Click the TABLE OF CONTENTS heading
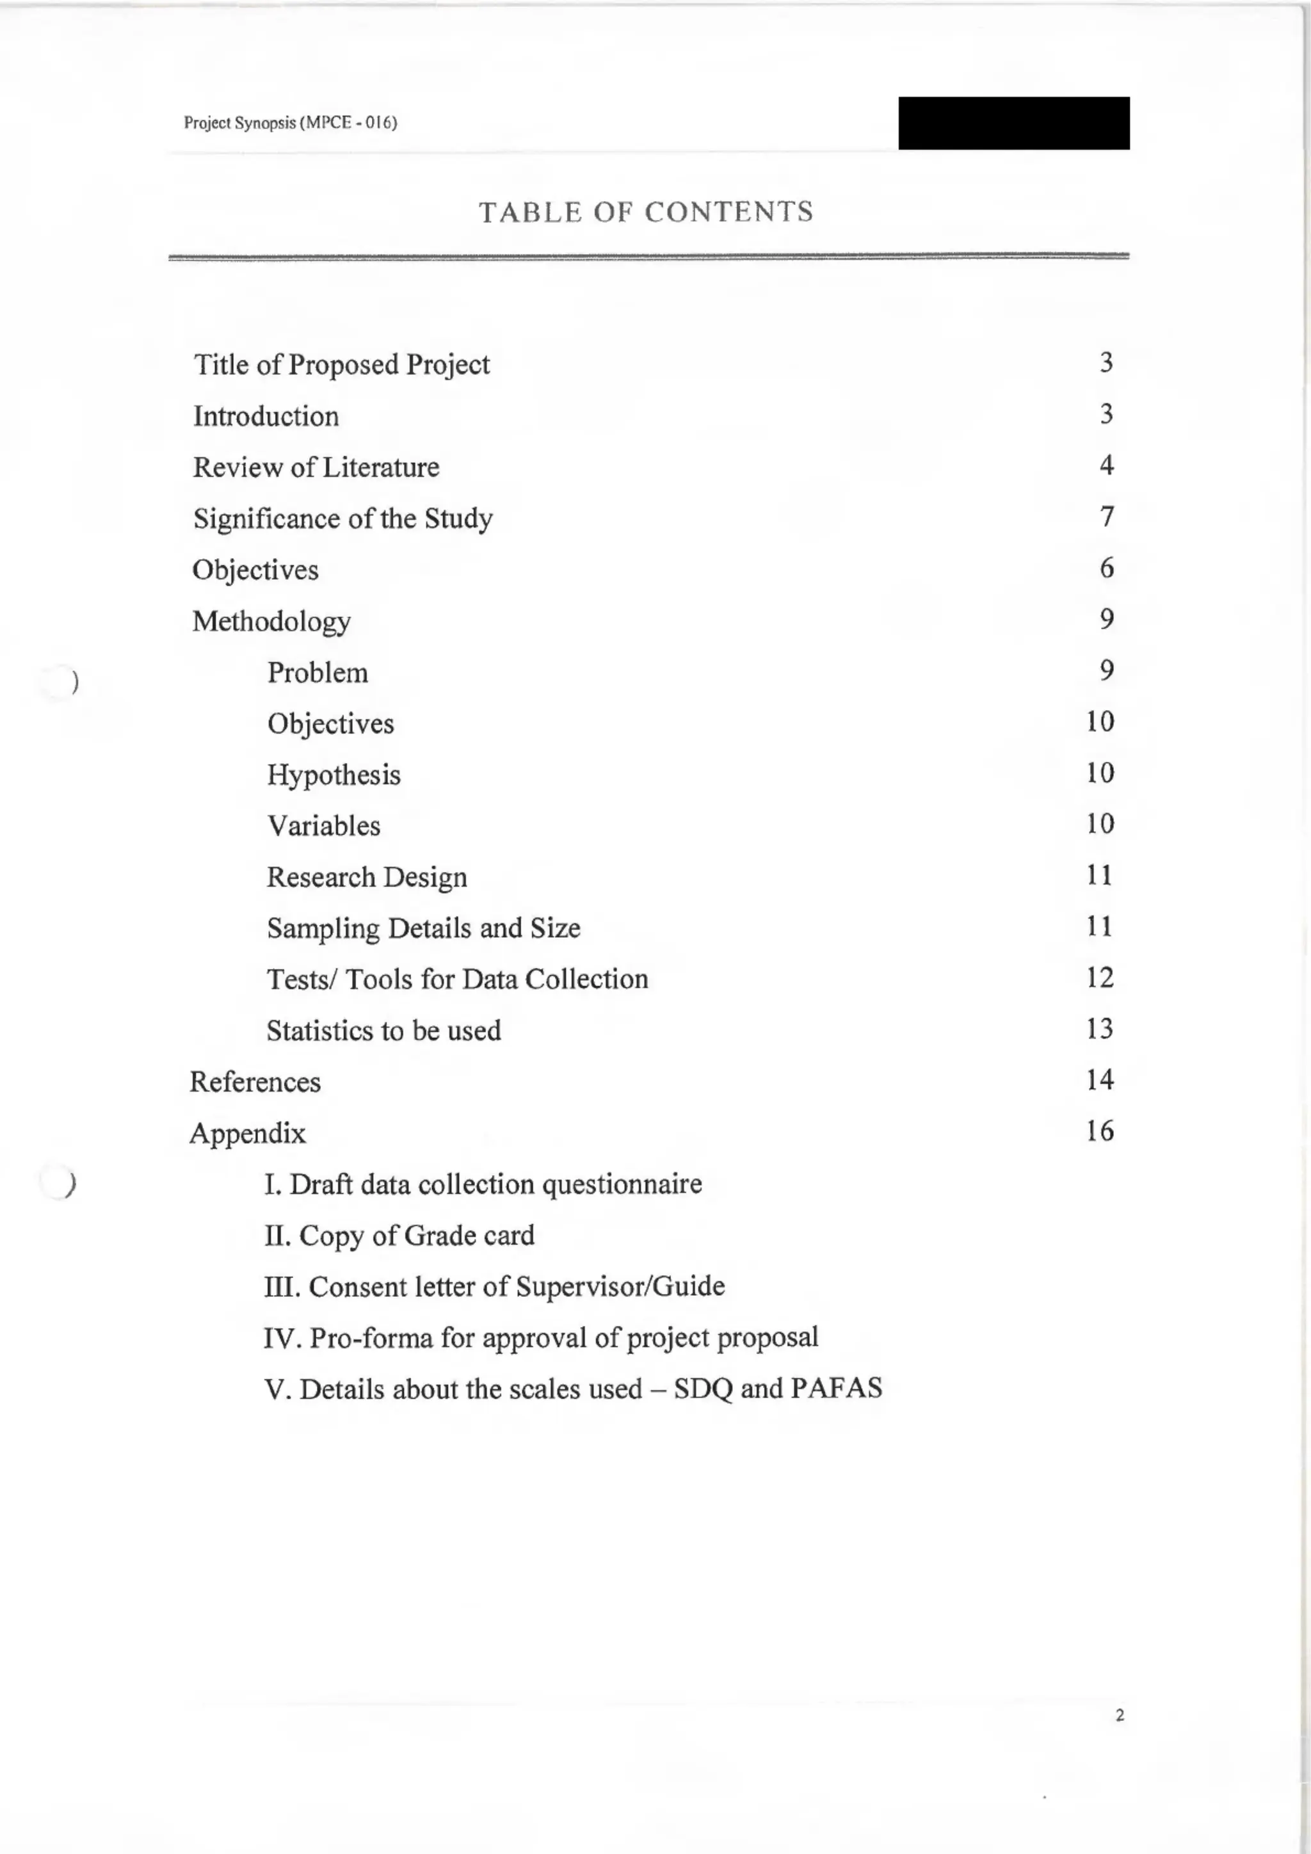646,213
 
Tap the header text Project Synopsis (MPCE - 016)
291,123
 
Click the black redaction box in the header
1013,123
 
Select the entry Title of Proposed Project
341,364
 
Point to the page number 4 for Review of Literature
1106,465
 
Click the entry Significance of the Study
342,519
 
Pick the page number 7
1107,517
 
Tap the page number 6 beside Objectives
1107,568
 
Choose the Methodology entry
271,622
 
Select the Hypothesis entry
334,775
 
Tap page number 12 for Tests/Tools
1100,978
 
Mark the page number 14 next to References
1100,1079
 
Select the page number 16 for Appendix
1100,1131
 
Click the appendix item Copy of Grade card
399,1236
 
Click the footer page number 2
1120,1716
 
